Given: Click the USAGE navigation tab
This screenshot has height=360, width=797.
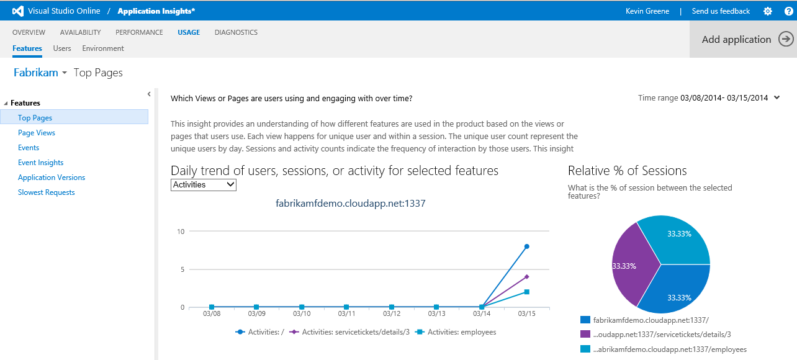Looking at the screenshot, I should pos(189,32).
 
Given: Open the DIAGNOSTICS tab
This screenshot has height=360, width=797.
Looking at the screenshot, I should pos(236,32).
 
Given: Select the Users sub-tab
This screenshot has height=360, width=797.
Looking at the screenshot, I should pos(62,48).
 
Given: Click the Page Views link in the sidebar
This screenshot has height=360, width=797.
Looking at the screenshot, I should pos(37,133).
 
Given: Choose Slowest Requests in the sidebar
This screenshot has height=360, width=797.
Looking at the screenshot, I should pos(47,192).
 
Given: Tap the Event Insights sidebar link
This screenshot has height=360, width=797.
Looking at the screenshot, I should pos(41,163).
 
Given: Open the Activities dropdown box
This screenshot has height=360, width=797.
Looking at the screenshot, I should pos(204,184).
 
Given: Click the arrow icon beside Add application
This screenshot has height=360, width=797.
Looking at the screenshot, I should pos(786,39).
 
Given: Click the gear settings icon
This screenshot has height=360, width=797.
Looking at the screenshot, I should pos(768,11).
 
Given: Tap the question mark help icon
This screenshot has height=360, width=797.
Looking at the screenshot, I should pos(788,11).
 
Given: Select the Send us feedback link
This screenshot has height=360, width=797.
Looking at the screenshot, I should pos(721,11).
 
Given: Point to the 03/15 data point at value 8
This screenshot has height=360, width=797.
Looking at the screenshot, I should pos(526,246).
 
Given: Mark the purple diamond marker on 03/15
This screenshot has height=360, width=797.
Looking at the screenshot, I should pos(526,277).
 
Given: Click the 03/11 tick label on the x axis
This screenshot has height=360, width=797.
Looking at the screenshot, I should pos(346,314).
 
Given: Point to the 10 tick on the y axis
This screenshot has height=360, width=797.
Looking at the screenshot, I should pos(181,232).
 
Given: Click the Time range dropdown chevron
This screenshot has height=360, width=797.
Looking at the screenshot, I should pos(777,97).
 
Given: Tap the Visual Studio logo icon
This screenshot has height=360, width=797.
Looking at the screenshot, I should pos(18,11).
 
